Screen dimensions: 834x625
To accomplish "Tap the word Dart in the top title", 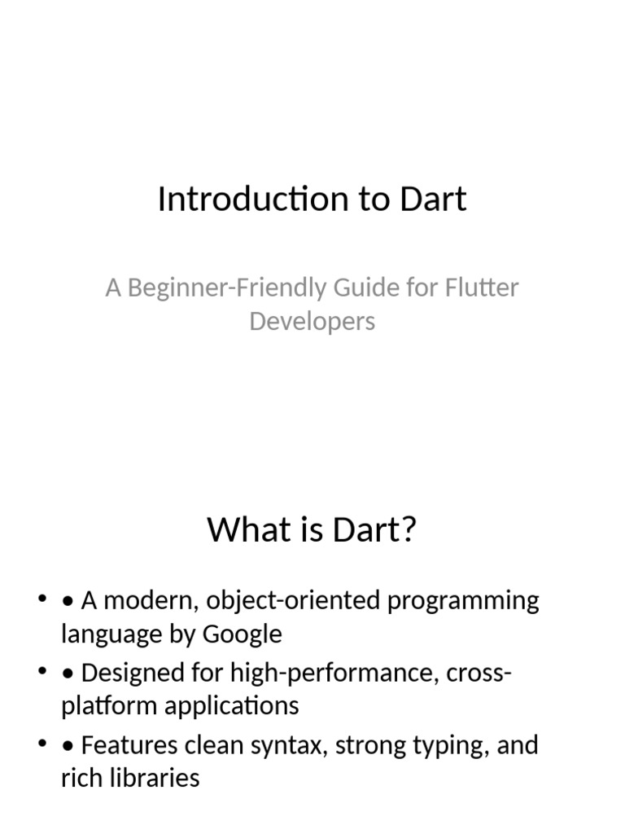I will (x=433, y=200).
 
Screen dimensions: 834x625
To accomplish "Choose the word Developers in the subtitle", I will (x=312, y=321).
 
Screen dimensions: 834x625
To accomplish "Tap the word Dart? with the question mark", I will (x=375, y=530).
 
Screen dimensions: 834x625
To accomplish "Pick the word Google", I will (x=242, y=634).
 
